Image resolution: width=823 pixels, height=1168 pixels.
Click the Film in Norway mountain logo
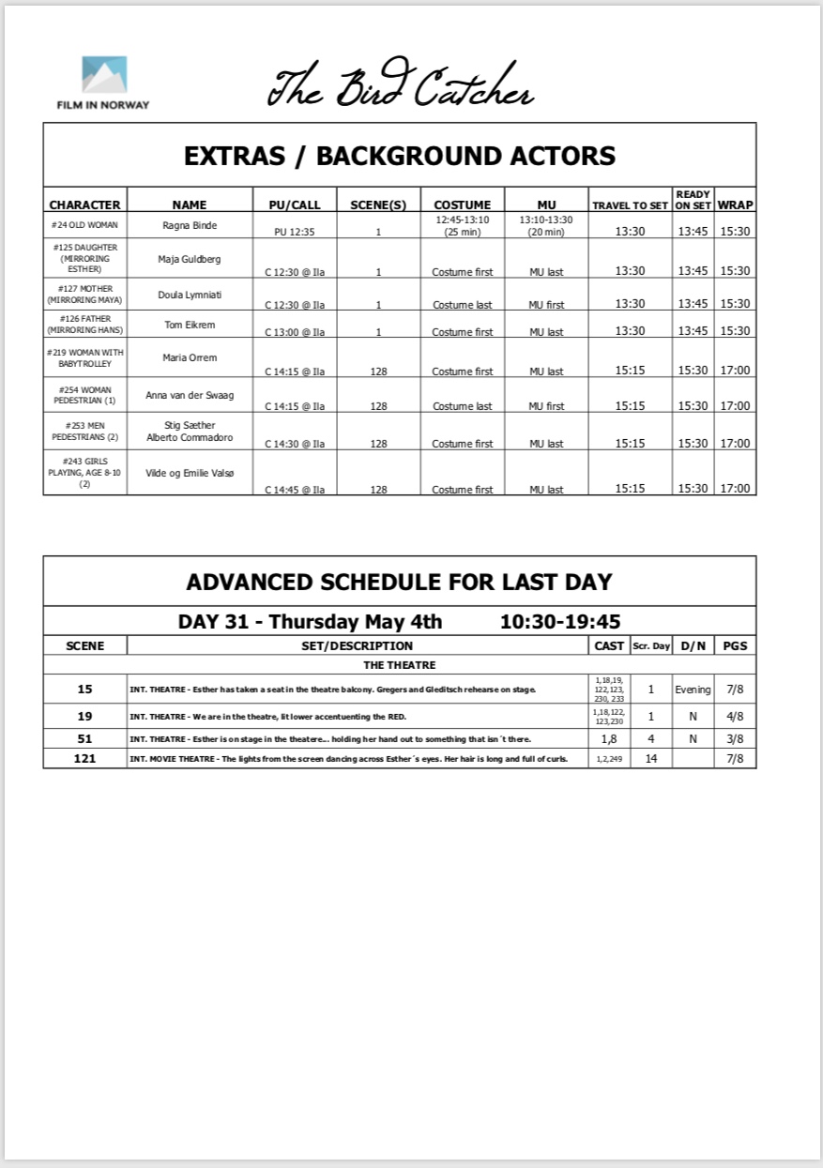104,76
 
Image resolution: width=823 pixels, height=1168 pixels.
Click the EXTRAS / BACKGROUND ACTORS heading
400,156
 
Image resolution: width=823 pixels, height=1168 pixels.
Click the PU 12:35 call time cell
293,231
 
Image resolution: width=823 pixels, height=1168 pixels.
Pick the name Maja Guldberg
190,258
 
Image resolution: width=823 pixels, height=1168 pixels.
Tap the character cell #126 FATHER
84,324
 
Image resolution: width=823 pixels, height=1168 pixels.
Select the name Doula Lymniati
190,295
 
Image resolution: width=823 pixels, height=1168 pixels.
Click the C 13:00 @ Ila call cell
295,332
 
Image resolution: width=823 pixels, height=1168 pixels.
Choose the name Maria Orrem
190,357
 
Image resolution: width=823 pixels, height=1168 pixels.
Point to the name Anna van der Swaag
190,395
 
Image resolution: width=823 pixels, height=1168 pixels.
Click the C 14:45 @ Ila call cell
295,490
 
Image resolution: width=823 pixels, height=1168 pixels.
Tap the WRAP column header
736,205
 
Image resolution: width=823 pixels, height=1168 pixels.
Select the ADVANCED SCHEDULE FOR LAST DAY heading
399,582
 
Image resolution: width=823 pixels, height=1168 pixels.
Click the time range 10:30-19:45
559,621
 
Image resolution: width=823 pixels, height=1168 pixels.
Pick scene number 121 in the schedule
84,758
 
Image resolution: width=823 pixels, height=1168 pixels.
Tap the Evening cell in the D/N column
693,690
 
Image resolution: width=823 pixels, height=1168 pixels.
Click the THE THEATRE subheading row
399,665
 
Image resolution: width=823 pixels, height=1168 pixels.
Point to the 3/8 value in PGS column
734,738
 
